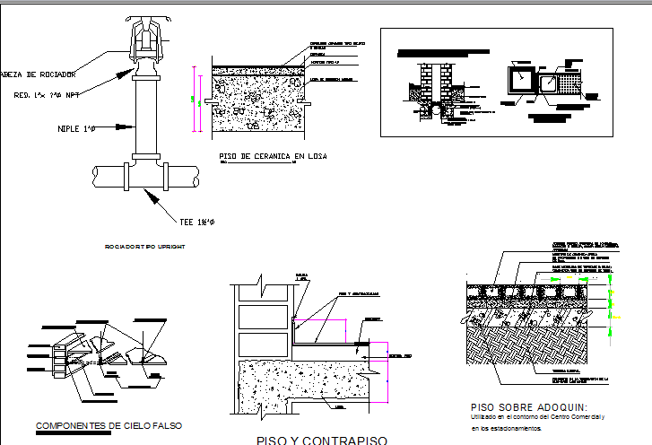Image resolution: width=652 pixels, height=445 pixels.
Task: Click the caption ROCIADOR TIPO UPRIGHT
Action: [144, 246]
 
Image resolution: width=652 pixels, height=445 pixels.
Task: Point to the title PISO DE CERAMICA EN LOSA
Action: [273, 157]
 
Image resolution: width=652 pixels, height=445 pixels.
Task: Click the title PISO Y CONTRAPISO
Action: [321, 440]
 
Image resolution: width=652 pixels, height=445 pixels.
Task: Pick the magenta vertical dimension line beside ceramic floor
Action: [192, 99]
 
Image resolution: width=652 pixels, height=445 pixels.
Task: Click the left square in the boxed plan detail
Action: [517, 82]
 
